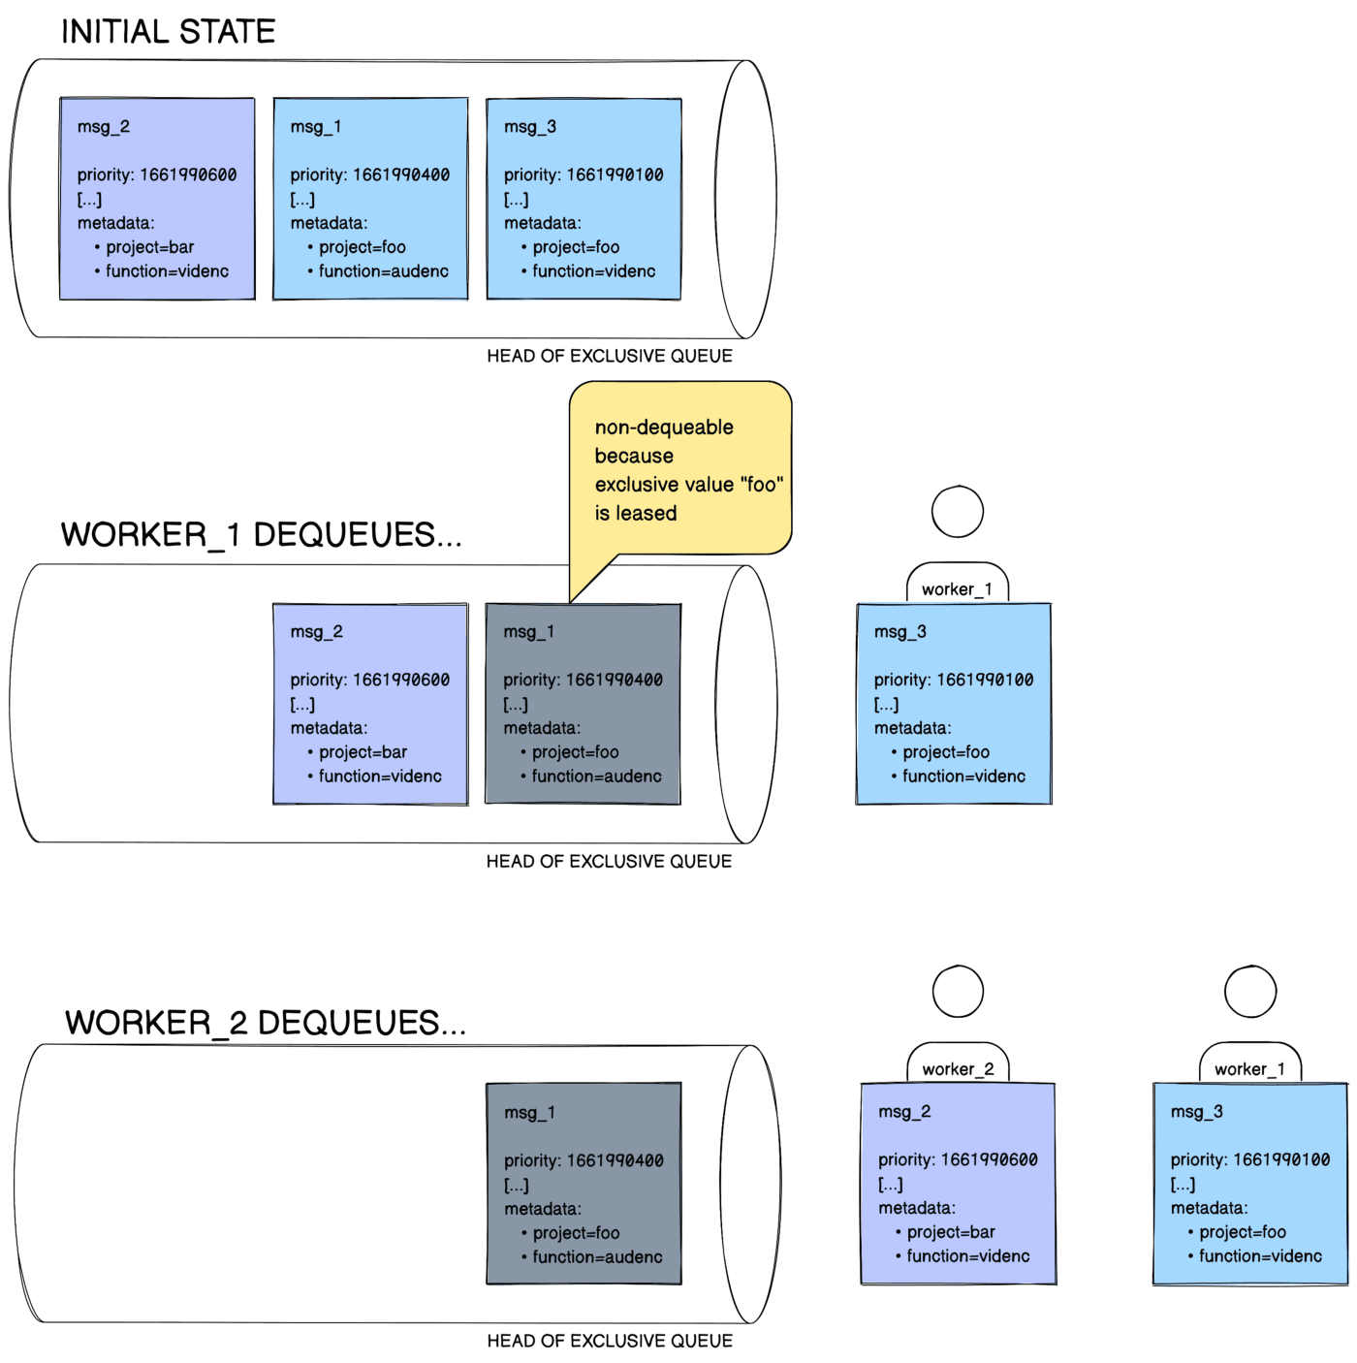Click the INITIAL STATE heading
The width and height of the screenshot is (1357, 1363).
coord(168,32)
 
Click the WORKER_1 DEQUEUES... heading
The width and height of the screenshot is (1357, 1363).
coord(261,535)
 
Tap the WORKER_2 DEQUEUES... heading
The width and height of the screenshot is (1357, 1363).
coord(265,1023)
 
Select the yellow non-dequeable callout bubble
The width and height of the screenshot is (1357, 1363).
coord(680,468)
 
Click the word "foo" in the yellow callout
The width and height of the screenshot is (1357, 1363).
coord(762,485)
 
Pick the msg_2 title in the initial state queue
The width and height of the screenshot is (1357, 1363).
coord(104,127)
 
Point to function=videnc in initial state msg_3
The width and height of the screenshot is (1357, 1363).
coord(593,271)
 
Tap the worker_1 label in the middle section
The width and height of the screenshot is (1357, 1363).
coord(957,589)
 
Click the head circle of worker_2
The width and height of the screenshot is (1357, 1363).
coord(958,991)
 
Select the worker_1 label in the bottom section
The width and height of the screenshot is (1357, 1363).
coord(1249,1069)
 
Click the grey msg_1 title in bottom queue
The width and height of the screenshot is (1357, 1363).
coord(529,1113)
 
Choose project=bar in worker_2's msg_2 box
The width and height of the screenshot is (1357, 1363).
coord(951,1232)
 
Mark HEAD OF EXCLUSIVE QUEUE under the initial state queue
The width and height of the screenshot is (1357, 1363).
coord(609,356)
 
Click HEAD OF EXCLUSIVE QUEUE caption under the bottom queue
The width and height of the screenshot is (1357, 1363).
coord(609,1341)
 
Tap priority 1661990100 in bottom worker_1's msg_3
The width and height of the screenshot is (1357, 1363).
coord(1249,1160)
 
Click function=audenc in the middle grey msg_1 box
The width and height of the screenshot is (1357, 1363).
coord(596,777)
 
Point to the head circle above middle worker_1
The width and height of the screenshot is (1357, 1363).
coord(958,511)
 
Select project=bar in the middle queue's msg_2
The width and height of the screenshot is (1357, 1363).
coord(363,752)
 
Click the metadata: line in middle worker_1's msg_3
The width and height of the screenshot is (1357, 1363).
coord(912,728)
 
